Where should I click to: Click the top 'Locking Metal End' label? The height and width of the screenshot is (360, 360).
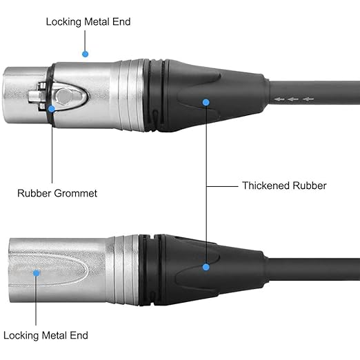(x=88, y=22)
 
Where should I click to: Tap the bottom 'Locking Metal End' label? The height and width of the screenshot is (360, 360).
(x=46, y=335)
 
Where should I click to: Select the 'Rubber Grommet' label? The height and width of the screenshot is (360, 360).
(x=57, y=193)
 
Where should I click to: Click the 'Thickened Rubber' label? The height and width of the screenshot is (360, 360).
(x=284, y=186)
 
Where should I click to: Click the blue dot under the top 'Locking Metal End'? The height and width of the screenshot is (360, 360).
(x=85, y=54)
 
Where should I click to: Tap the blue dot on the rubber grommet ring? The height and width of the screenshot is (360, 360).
(x=52, y=109)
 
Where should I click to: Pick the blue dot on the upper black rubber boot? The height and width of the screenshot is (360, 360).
(x=206, y=102)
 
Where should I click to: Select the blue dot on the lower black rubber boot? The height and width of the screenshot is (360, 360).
(x=206, y=267)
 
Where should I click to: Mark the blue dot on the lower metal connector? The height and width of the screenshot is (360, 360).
(x=36, y=273)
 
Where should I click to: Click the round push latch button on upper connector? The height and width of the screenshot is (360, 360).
(x=65, y=96)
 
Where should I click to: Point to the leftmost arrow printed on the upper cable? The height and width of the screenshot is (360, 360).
(x=279, y=99)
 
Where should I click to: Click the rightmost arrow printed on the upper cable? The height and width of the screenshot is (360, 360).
(x=308, y=99)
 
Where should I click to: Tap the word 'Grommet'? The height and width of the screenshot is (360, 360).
(x=77, y=193)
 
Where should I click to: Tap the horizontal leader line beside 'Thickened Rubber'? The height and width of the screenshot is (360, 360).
(x=222, y=186)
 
